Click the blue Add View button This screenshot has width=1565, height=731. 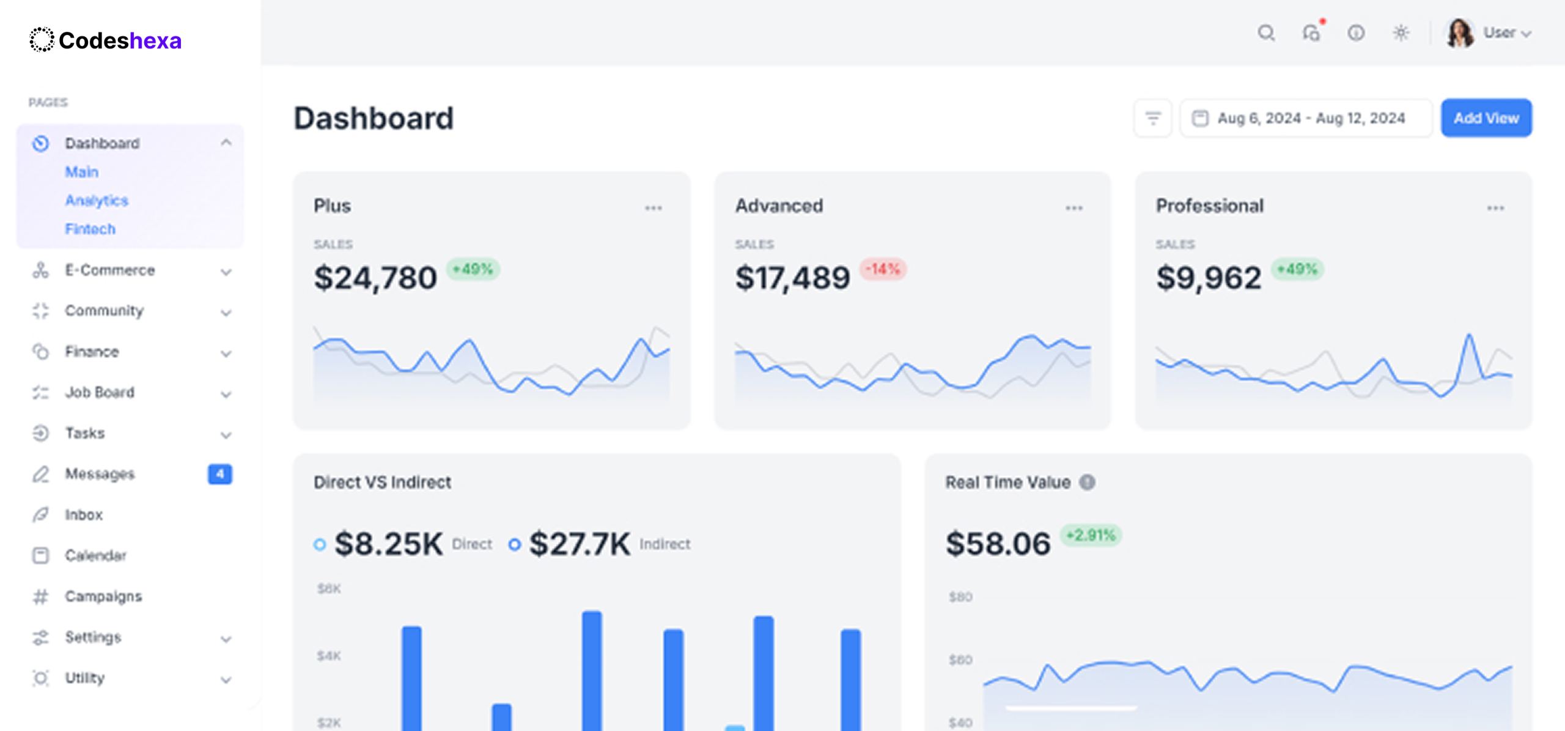pyautogui.click(x=1486, y=118)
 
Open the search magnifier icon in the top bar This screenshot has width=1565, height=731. pyautogui.click(x=1266, y=33)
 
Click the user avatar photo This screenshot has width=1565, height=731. pyautogui.click(x=1460, y=33)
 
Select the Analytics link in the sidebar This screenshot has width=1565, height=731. pyautogui.click(x=97, y=201)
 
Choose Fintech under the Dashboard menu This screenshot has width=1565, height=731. pyautogui.click(x=90, y=229)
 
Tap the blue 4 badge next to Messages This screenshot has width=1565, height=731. pyautogui.click(x=220, y=474)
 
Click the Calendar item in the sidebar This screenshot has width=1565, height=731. pyautogui.click(x=95, y=555)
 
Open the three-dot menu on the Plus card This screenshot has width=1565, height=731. pyautogui.click(x=653, y=208)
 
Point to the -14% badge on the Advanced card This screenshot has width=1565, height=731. pyautogui.click(x=883, y=269)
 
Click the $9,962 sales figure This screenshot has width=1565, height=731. pyautogui.click(x=1208, y=278)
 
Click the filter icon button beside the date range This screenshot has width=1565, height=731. pyautogui.click(x=1153, y=118)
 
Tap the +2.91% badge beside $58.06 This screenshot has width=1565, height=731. pyautogui.click(x=1091, y=535)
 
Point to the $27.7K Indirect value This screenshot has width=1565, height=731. pyautogui.click(x=580, y=544)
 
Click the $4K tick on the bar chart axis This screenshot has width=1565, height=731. pyautogui.click(x=329, y=656)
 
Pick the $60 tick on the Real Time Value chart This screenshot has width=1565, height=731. pyautogui.click(x=960, y=659)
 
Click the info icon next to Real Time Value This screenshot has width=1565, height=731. pyautogui.click(x=1087, y=482)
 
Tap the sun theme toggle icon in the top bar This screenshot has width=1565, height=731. pyautogui.click(x=1401, y=33)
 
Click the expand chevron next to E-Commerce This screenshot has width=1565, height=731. pyautogui.click(x=226, y=272)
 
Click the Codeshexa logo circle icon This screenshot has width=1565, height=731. pyautogui.click(x=42, y=40)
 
